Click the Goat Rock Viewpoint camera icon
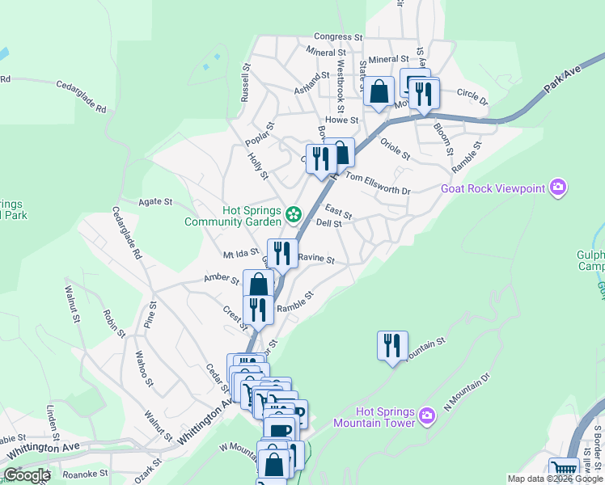(x=557, y=188)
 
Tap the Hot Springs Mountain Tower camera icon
(x=428, y=417)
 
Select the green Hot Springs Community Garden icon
(x=293, y=214)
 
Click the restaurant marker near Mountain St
(x=392, y=345)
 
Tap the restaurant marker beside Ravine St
(x=281, y=253)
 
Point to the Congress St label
(x=338, y=37)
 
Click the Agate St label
(x=156, y=201)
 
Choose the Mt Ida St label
(x=239, y=255)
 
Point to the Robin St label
(x=114, y=322)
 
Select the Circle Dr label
(x=473, y=97)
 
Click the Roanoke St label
(x=85, y=474)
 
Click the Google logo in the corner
(x=27, y=474)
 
